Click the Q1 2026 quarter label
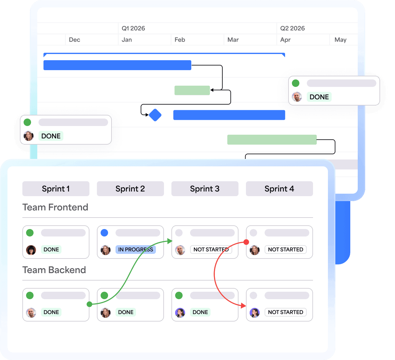(133, 28)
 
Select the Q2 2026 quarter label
(292, 28)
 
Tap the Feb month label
(180, 40)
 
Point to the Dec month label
(75, 40)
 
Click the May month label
(340, 40)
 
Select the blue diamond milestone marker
(155, 115)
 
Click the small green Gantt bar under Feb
(192, 90)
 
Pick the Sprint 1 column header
(56, 189)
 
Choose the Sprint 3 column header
(205, 189)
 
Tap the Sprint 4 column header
(279, 189)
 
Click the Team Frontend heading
(55, 207)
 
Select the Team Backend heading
(54, 270)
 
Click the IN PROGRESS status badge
(135, 250)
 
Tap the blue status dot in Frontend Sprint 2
(104, 233)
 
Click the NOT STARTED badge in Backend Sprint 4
(285, 312)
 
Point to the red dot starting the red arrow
(246, 242)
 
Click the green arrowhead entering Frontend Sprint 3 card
(170, 241)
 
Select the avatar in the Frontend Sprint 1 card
(31, 250)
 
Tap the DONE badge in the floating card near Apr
(319, 97)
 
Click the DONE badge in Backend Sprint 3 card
(200, 312)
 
